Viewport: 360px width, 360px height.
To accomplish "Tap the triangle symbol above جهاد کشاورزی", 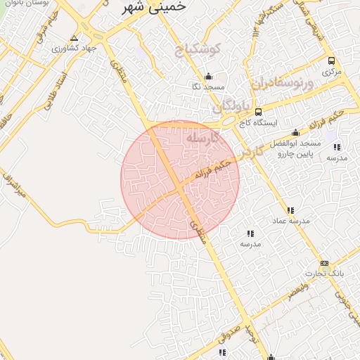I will pos(75,38).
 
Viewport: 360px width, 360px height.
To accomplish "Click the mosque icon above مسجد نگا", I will pos(207,77).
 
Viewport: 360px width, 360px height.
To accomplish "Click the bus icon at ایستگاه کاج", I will pos(258,112).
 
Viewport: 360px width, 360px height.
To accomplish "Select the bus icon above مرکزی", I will pos(330,60).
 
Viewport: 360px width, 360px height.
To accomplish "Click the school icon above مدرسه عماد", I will pos(290,210).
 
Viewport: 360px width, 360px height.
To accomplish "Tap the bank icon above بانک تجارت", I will pos(324,263).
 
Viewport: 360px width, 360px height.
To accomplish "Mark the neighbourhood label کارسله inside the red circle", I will pos(202,139).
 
